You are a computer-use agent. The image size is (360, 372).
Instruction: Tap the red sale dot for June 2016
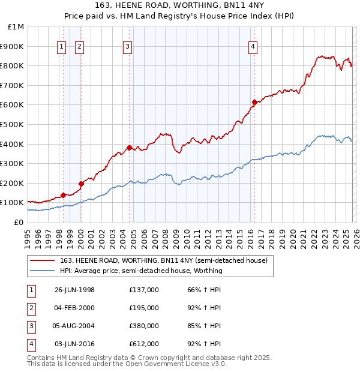pos(254,102)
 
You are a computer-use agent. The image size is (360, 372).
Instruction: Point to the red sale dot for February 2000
pos(81,184)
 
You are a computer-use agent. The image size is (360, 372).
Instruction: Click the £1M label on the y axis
pos(16,26)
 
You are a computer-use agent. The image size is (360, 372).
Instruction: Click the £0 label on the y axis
pos(19,222)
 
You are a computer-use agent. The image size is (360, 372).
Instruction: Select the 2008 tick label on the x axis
pos(169,238)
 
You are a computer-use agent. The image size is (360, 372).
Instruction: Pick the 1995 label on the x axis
pos(28,238)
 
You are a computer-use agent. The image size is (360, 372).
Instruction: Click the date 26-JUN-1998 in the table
pos(74,290)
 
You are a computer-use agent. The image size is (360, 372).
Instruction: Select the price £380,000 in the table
pos(144,326)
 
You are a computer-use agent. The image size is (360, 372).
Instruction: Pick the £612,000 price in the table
pos(144,344)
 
